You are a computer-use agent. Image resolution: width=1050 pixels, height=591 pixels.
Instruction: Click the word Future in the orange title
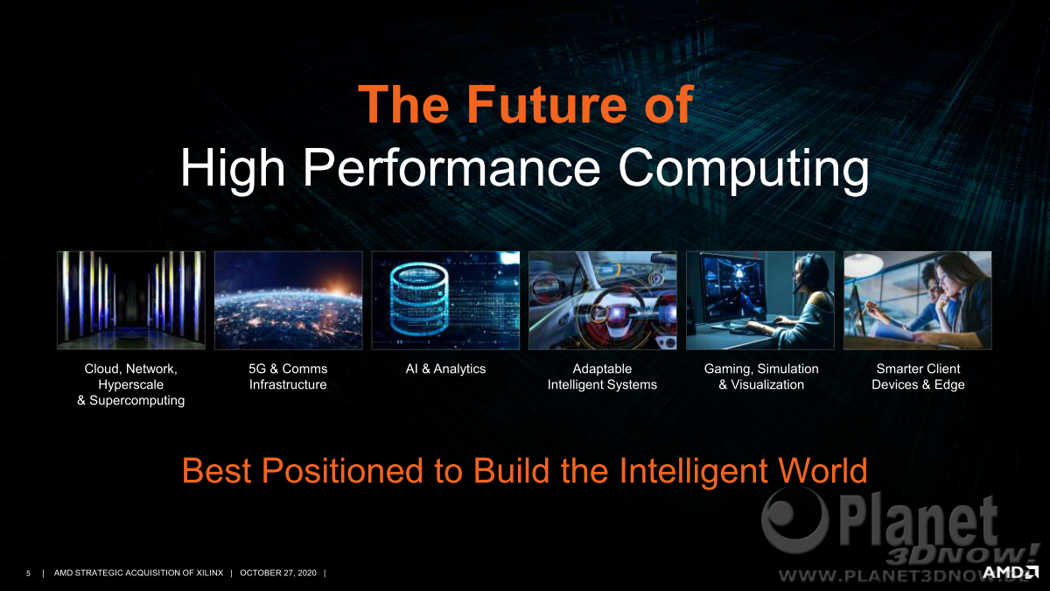547,104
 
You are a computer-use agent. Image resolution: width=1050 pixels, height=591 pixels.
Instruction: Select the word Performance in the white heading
451,167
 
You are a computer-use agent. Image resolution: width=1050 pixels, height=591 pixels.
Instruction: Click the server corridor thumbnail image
131,300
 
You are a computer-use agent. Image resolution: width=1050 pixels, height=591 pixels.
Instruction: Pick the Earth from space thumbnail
288,300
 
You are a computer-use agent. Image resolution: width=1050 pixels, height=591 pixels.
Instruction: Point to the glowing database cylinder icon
419,299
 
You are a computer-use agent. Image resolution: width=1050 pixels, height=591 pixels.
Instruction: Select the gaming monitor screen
732,287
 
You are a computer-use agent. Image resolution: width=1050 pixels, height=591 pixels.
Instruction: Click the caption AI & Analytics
445,369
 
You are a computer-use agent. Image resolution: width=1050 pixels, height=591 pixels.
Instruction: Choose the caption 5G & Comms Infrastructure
288,376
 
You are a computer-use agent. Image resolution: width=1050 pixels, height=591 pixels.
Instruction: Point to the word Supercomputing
136,401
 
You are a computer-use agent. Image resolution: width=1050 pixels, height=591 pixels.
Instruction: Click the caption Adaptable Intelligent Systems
602,376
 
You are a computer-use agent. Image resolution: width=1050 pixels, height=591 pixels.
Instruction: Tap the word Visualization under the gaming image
767,384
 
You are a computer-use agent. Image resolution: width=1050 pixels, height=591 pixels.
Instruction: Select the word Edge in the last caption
949,385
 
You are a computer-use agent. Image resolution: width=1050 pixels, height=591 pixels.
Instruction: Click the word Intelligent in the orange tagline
694,471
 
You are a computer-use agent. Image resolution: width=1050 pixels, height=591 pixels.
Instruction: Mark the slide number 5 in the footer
28,573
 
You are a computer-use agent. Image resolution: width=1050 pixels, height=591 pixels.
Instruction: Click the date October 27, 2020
278,573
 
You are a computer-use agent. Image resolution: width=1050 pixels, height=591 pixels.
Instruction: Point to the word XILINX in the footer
209,573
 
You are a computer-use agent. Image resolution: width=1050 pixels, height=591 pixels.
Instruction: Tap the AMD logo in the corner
1010,573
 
